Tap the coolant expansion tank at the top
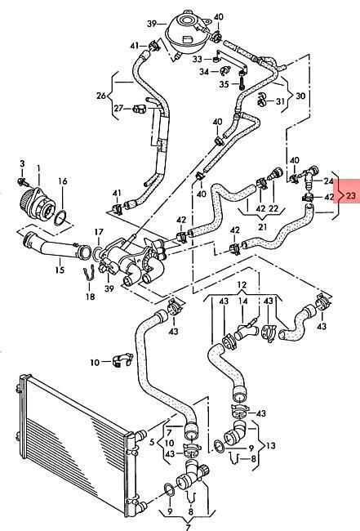click(x=185, y=31)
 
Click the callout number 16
click(x=62, y=181)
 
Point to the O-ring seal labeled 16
click(x=60, y=217)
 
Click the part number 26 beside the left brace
click(x=101, y=96)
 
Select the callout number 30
click(x=300, y=96)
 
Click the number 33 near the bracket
click(x=198, y=60)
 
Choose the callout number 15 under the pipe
click(x=60, y=270)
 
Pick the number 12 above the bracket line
click(x=242, y=285)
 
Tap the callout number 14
click(x=243, y=301)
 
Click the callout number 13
click(x=271, y=446)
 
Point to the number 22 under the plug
click(x=273, y=208)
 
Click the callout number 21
click(x=262, y=226)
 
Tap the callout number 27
click(x=118, y=109)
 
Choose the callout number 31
click(x=281, y=101)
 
